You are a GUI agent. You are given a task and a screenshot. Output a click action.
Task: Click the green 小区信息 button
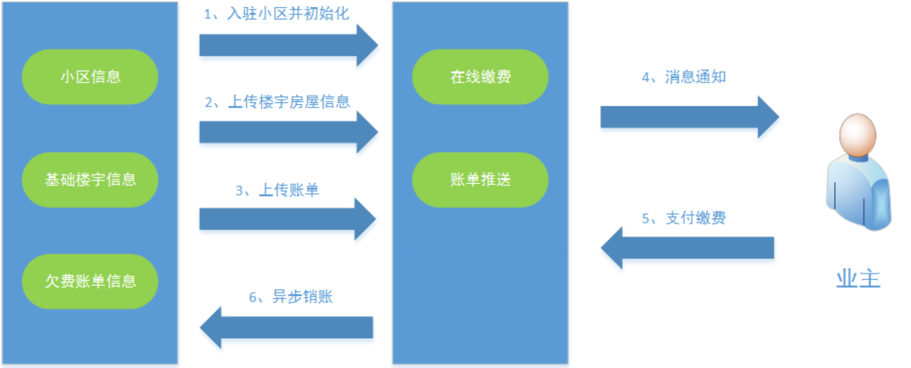point(90,77)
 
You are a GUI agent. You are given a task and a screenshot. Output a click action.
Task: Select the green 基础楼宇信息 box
point(90,180)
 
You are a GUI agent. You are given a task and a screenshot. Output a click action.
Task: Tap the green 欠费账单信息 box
point(90,281)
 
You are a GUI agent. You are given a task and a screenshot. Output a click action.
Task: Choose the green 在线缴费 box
point(480,77)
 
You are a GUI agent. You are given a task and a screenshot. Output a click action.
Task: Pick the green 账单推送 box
point(480,180)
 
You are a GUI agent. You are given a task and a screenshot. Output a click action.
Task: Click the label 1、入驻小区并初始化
point(276,14)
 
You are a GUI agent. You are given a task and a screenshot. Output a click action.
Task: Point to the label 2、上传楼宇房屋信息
point(277,102)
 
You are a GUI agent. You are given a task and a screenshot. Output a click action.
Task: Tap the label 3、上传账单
point(277,190)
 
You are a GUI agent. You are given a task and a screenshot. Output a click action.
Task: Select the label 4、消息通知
point(684,77)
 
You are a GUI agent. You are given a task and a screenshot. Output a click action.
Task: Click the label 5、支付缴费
point(684,218)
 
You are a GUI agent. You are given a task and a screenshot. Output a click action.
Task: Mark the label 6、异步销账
point(291,297)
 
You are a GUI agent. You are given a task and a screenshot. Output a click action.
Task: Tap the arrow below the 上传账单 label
point(287,219)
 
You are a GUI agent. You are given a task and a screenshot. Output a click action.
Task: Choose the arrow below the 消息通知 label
point(689,117)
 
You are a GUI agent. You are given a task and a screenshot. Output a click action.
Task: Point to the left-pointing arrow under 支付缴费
point(688,247)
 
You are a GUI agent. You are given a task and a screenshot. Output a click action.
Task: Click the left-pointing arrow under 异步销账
point(287,327)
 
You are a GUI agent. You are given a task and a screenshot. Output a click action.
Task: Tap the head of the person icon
point(858,135)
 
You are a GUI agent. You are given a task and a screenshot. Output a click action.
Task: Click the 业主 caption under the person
point(858,279)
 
